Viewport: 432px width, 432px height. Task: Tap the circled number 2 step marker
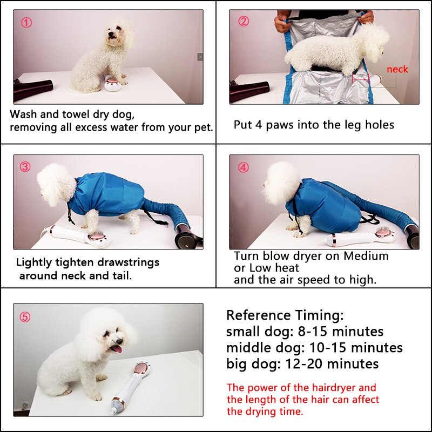[244, 22]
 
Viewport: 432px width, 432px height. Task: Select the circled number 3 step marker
[25, 167]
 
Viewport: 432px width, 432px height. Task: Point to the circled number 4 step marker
[244, 167]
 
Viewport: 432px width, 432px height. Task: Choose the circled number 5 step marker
[25, 317]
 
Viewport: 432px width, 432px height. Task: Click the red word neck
[397, 69]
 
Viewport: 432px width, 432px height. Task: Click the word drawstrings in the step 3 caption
[127, 262]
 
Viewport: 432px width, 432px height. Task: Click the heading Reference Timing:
[285, 315]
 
